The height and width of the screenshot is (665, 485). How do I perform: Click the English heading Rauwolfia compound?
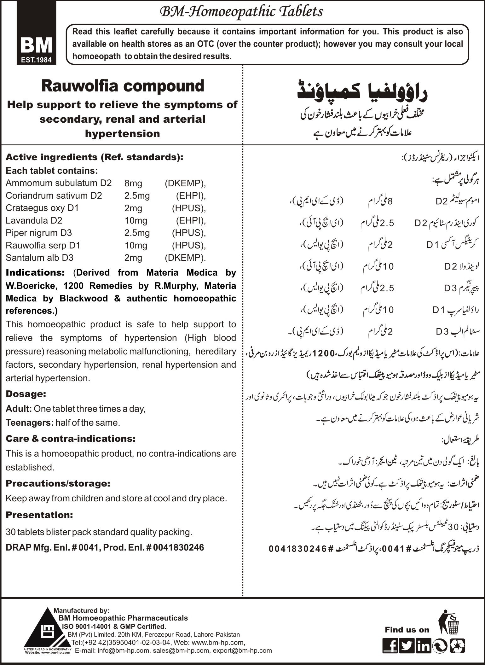[123, 86]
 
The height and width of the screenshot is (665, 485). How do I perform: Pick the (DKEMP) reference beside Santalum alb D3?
[185, 258]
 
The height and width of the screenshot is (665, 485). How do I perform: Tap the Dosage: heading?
[26, 394]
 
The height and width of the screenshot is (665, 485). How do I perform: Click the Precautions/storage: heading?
[58, 483]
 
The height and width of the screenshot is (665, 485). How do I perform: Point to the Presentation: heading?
[39, 515]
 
